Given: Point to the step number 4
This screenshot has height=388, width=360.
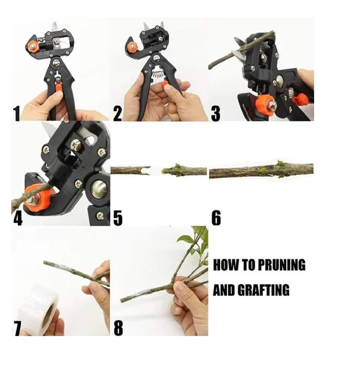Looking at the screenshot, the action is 18,217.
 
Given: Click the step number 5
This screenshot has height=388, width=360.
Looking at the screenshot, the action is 118,217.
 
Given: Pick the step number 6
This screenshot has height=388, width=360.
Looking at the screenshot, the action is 216,217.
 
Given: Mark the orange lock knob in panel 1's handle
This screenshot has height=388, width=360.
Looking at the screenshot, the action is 59,87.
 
